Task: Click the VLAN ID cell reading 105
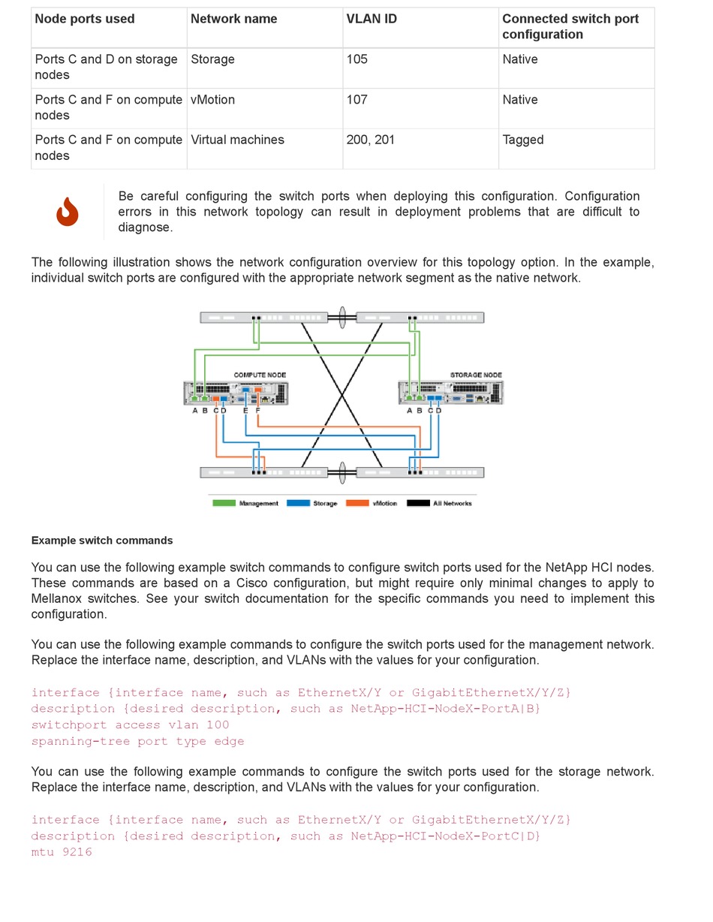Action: [x=357, y=59]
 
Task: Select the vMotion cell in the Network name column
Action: [x=212, y=100]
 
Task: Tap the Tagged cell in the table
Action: [x=523, y=140]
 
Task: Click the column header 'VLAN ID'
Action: [x=372, y=19]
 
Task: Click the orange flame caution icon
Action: [x=68, y=212]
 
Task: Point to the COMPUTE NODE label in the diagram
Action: [x=260, y=375]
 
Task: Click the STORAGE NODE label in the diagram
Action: [x=476, y=375]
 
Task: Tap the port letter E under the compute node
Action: [x=245, y=411]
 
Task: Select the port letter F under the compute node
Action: [x=257, y=411]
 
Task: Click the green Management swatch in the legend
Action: [x=224, y=503]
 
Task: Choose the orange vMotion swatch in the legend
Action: [x=357, y=503]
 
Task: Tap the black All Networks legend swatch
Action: [x=418, y=503]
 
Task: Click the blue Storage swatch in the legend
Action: [x=298, y=503]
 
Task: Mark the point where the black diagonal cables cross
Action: [x=342, y=394]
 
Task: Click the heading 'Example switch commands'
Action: [x=102, y=541]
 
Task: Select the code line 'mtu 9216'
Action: [x=62, y=852]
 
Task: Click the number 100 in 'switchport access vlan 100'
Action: [x=218, y=725]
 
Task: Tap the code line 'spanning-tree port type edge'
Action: [x=137, y=741]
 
